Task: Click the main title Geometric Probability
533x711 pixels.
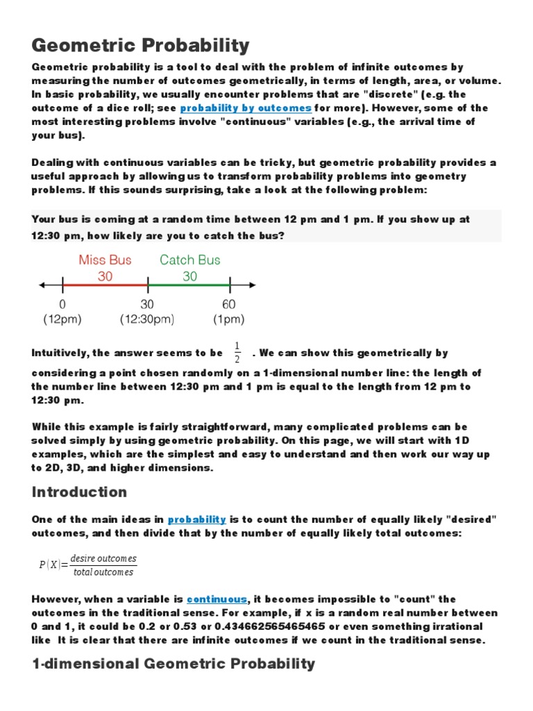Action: pyautogui.click(x=140, y=46)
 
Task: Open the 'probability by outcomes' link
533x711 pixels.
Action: pyautogui.click(x=246, y=108)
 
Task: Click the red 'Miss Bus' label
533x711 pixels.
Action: pyautogui.click(x=105, y=260)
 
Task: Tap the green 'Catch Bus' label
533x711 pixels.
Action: pyautogui.click(x=189, y=260)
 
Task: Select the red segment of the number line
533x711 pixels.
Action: pyautogui.click(x=105, y=284)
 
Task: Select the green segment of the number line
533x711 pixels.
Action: pyautogui.click(x=189, y=284)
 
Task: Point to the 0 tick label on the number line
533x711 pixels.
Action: pyautogui.click(x=63, y=304)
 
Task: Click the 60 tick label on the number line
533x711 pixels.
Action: pyautogui.click(x=229, y=304)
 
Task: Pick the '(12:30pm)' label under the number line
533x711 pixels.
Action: pyautogui.click(x=146, y=319)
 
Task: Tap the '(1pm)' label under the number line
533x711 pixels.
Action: pyautogui.click(x=229, y=319)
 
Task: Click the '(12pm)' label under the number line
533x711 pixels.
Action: pyautogui.click(x=63, y=319)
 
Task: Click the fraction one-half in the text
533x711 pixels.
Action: pyautogui.click(x=237, y=352)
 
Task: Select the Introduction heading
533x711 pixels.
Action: pyautogui.click(x=80, y=492)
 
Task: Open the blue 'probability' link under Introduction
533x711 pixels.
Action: pyautogui.click(x=197, y=519)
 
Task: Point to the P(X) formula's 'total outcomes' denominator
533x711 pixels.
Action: pyautogui.click(x=103, y=572)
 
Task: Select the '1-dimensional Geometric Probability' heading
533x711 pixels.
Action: pyautogui.click(x=174, y=664)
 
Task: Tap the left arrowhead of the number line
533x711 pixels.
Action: pyautogui.click(x=42, y=284)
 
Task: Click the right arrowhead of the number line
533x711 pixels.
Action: pyautogui.click(x=252, y=284)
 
